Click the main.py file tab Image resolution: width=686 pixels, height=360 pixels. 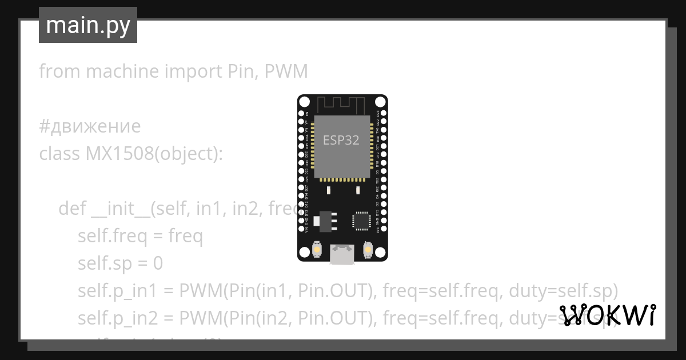[x=88, y=25]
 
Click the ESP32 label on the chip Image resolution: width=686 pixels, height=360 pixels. [x=341, y=140]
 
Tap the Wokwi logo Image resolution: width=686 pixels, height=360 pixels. [x=607, y=315]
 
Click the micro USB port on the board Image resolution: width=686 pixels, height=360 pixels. [x=342, y=254]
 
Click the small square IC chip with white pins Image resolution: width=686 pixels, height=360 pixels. [x=361, y=221]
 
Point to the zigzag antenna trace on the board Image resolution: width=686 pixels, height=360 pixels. [x=341, y=105]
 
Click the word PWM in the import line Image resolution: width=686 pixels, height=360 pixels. [x=286, y=72]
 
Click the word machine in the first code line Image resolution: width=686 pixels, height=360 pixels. [x=122, y=72]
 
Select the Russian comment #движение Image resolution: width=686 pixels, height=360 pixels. [x=90, y=126]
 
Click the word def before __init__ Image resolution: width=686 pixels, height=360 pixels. [x=73, y=209]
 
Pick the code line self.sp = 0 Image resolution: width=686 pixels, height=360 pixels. [x=120, y=263]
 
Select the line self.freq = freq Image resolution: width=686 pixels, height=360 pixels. [x=140, y=236]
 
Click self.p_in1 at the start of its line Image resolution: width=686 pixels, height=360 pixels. [x=117, y=291]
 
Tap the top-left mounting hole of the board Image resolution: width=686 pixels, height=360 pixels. [x=304, y=102]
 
